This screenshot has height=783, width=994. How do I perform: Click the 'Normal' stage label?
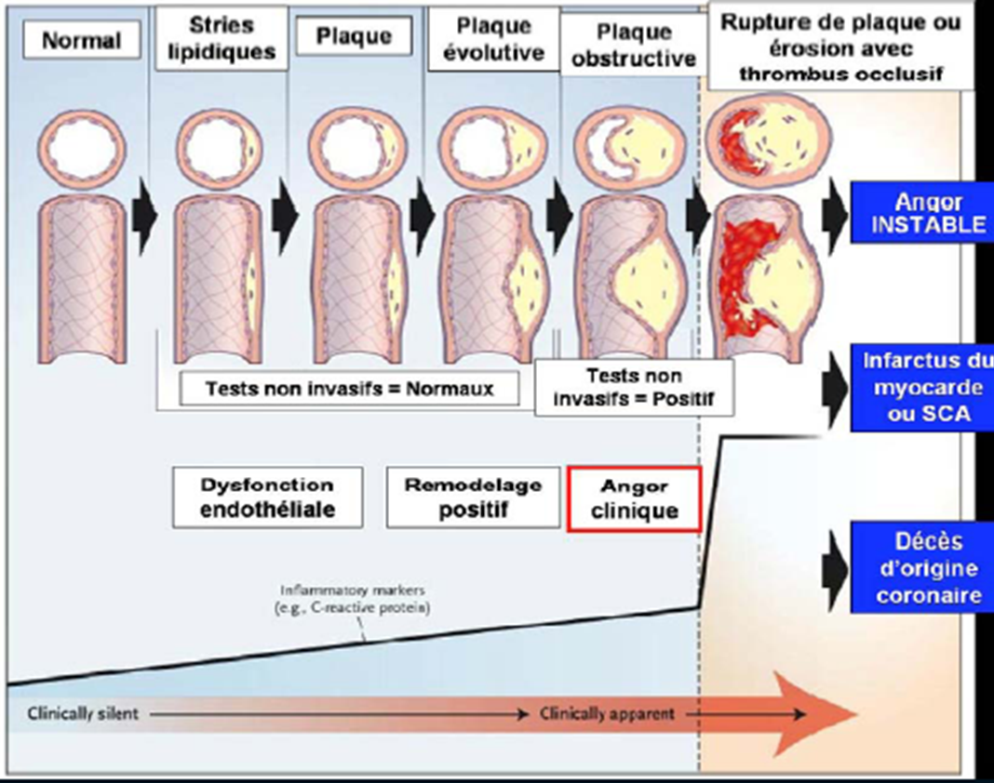[x=81, y=41]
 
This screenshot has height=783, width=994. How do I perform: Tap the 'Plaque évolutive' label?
[x=493, y=38]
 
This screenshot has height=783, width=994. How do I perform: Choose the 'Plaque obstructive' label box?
[x=634, y=46]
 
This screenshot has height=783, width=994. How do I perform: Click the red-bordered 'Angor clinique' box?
[x=634, y=498]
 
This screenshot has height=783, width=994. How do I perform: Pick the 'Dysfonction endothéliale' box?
[x=267, y=497]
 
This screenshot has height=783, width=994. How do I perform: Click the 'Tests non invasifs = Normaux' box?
[x=350, y=389]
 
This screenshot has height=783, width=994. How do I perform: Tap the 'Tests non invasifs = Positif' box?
[x=634, y=388]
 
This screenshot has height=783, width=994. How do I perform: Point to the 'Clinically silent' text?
[x=83, y=714]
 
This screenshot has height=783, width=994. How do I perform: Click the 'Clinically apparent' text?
[x=607, y=714]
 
